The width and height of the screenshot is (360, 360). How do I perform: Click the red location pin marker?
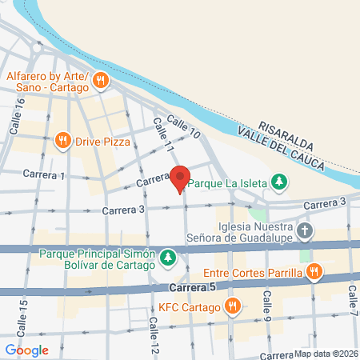181,178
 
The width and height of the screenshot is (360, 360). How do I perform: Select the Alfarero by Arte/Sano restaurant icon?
101,79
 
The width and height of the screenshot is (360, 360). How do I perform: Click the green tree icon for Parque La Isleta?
278,182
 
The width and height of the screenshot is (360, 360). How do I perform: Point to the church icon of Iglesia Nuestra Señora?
304,231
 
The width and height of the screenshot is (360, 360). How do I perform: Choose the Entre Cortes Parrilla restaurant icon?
315,273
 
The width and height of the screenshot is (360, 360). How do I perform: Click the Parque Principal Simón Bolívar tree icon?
168,257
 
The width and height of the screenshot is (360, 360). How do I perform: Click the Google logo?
27,350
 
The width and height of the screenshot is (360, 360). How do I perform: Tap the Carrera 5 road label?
192,286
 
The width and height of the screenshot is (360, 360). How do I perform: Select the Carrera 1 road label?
44,174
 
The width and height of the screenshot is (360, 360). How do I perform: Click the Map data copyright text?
326,354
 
